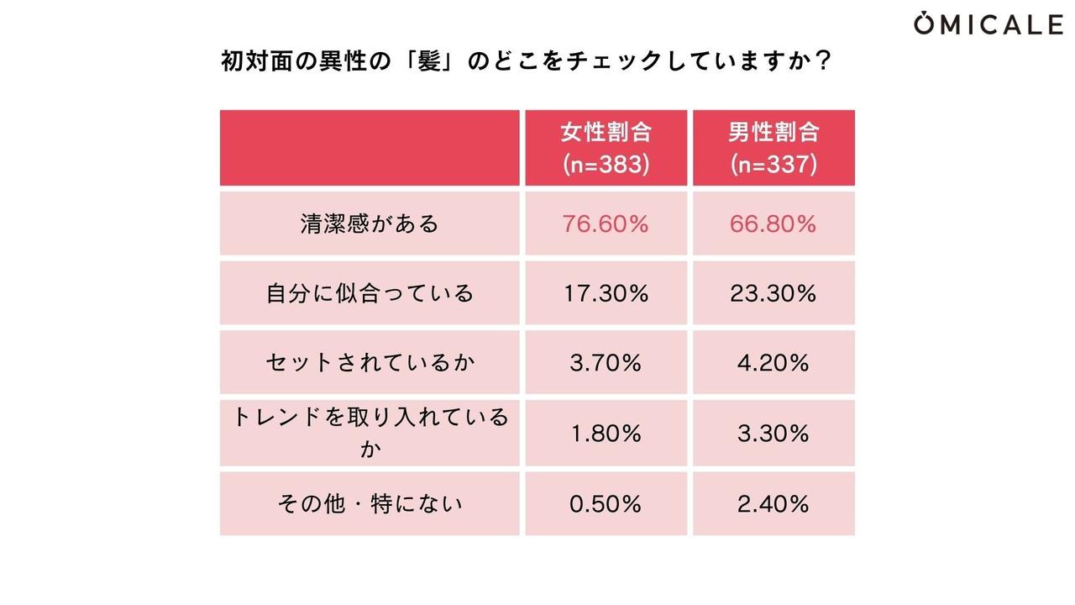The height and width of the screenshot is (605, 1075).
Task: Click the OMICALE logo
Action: coord(988,24)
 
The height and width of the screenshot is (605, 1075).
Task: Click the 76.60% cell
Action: coord(606,224)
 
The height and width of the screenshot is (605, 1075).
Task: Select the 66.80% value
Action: coord(773,224)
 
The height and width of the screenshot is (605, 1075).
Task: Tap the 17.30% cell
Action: coord(606,293)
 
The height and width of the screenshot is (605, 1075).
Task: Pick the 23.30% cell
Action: coord(773,293)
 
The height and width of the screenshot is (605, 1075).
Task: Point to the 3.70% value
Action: coord(606,363)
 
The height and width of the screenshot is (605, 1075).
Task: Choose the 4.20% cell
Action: coord(773,363)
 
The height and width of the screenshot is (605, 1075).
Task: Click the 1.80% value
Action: coord(606,434)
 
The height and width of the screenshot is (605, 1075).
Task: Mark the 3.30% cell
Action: coord(773,434)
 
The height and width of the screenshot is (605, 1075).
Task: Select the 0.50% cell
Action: coord(606,504)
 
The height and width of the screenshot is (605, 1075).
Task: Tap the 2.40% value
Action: coord(773,504)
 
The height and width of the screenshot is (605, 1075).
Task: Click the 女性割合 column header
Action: coord(606,133)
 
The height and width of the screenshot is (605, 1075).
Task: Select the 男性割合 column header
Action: coord(773,133)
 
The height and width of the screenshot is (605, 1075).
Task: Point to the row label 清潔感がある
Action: coord(370,224)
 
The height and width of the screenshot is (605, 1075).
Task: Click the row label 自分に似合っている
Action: coord(370,293)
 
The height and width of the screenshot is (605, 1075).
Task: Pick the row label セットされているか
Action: coord(370,363)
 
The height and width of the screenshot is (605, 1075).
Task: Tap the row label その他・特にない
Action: coord(370,504)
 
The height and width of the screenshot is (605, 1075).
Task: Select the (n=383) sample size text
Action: coord(606,163)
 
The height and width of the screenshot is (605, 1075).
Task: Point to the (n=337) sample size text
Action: coord(773,163)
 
